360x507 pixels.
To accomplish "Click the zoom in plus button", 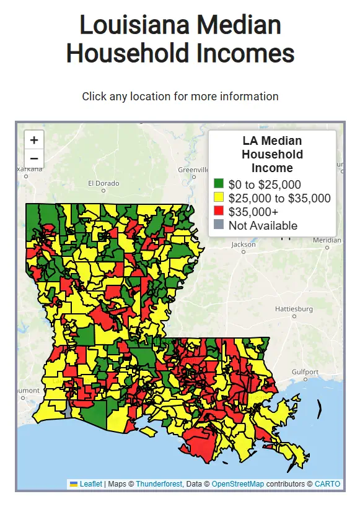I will [34, 140].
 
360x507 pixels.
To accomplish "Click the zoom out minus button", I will [34, 158].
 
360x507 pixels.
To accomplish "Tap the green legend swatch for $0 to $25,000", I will [219, 184].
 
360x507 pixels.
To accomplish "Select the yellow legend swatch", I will [219, 198].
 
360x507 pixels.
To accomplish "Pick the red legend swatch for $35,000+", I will [219, 212].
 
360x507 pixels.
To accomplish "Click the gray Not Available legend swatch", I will [219, 225].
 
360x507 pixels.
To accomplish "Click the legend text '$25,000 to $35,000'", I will [279, 198].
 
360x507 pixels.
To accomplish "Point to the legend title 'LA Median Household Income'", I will [273, 154].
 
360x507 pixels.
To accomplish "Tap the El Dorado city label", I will [103, 183].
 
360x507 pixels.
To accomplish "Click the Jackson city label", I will [244, 245].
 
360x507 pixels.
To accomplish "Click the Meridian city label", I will [327, 240].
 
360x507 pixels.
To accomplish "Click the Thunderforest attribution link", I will [159, 483].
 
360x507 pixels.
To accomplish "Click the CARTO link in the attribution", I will [327, 483].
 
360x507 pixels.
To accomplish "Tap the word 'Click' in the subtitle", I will [94, 97].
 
